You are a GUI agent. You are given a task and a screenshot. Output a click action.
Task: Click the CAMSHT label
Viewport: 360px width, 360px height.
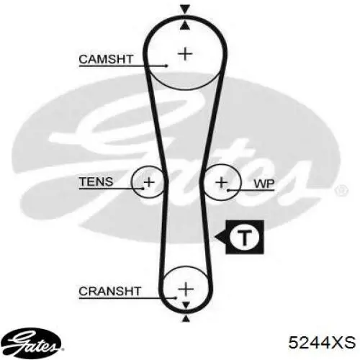(106, 59)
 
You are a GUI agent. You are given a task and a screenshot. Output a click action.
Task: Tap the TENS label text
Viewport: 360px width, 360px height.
(96, 181)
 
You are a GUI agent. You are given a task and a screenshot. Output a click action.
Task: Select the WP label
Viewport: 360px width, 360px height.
(264, 184)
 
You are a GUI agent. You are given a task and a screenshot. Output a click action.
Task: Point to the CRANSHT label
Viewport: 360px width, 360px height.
(109, 291)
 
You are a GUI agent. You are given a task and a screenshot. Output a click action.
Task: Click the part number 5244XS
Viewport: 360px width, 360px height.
(322, 343)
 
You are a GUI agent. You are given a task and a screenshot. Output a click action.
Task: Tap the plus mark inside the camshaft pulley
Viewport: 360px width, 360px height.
(185, 54)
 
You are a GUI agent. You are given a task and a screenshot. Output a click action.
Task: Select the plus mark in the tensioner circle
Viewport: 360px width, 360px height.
(149, 182)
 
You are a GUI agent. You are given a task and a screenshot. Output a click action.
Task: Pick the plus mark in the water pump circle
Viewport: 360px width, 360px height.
(222, 182)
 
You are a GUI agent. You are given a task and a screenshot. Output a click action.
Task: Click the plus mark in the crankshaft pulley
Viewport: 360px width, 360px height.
(186, 289)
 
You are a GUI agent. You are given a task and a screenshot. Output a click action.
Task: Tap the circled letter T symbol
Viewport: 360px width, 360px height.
(245, 237)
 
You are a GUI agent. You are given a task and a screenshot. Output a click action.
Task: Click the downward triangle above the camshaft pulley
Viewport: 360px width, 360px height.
(185, 9)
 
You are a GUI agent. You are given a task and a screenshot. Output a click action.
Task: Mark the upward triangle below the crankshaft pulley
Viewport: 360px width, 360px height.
(186, 319)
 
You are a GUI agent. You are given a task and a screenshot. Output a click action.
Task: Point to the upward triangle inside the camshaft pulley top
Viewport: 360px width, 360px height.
(185, 26)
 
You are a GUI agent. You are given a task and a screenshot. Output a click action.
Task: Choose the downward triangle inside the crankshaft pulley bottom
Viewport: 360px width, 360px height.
(186, 305)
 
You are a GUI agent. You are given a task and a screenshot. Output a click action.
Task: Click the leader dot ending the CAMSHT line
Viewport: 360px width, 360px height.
(167, 66)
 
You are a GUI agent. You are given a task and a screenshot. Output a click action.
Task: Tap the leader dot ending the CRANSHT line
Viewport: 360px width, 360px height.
(176, 298)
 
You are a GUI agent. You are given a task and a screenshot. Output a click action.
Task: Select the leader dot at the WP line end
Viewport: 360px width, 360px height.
(228, 191)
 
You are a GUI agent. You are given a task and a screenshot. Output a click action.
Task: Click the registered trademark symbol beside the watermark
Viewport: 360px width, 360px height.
(341, 191)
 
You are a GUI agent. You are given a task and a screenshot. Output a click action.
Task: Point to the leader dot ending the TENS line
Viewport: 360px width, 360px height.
(143, 189)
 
